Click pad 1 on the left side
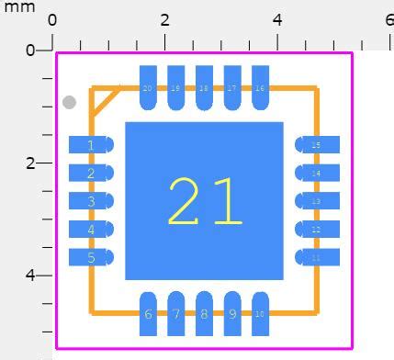[91, 145]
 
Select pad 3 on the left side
[91, 201]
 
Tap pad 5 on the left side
[91, 258]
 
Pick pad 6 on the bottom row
[148, 313]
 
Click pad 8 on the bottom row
[204, 313]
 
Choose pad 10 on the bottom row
[260, 313]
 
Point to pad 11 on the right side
[317, 258]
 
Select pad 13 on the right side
[317, 201]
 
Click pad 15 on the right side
[317, 145]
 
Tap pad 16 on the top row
[260, 88]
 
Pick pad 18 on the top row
[204, 88]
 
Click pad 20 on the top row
[148, 88]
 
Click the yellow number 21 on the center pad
[205, 201]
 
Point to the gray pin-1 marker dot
[69, 103]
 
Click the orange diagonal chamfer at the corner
[106, 101]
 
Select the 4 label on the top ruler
[277, 20]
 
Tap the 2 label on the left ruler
[29, 163]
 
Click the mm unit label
[18, 7]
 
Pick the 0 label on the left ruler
[29, 50]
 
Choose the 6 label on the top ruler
[389, 20]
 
